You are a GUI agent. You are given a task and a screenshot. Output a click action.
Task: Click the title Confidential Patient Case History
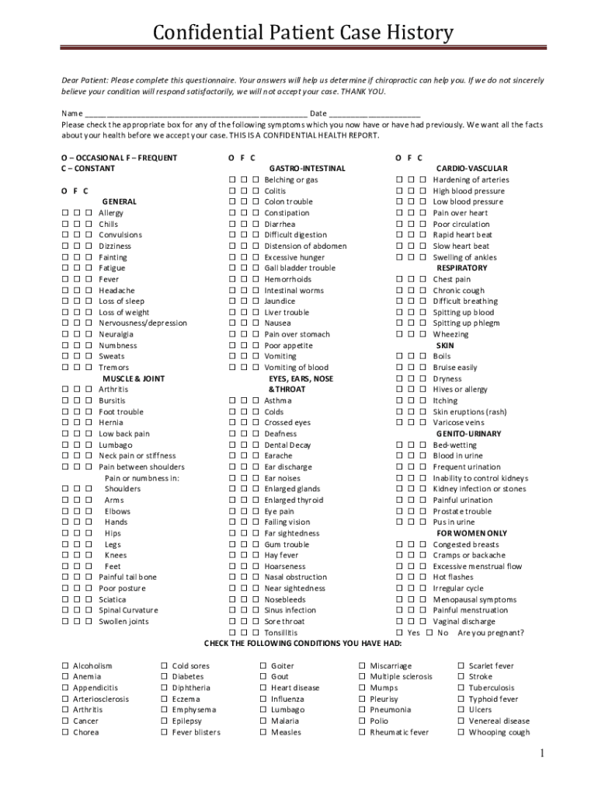point(303,33)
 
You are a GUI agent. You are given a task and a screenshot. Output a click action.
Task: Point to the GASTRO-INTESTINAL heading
point(307,168)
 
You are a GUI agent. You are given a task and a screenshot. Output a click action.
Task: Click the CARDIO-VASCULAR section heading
point(472,168)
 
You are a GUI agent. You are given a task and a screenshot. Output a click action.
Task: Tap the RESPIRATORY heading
point(462,268)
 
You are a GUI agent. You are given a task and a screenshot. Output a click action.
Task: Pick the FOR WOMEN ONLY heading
point(472,533)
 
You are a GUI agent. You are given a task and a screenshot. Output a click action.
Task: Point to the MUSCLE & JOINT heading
point(134,379)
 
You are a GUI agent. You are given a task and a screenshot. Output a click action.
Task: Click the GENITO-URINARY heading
point(468,434)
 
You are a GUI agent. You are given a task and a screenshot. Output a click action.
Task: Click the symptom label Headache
point(116,290)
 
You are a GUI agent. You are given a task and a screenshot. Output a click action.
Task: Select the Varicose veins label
point(458,423)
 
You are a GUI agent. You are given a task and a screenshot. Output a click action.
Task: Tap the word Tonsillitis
point(281,633)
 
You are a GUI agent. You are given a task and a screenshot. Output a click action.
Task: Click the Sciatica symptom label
point(113,599)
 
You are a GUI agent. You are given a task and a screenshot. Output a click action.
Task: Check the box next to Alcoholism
point(65,666)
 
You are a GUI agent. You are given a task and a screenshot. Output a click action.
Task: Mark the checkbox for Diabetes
point(165,677)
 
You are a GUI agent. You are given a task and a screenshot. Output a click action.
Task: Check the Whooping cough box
point(462,732)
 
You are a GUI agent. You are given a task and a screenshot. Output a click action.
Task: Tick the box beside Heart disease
point(264,688)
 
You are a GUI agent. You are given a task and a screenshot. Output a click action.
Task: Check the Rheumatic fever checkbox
point(363,732)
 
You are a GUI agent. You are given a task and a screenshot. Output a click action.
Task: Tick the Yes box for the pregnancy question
point(400,633)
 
